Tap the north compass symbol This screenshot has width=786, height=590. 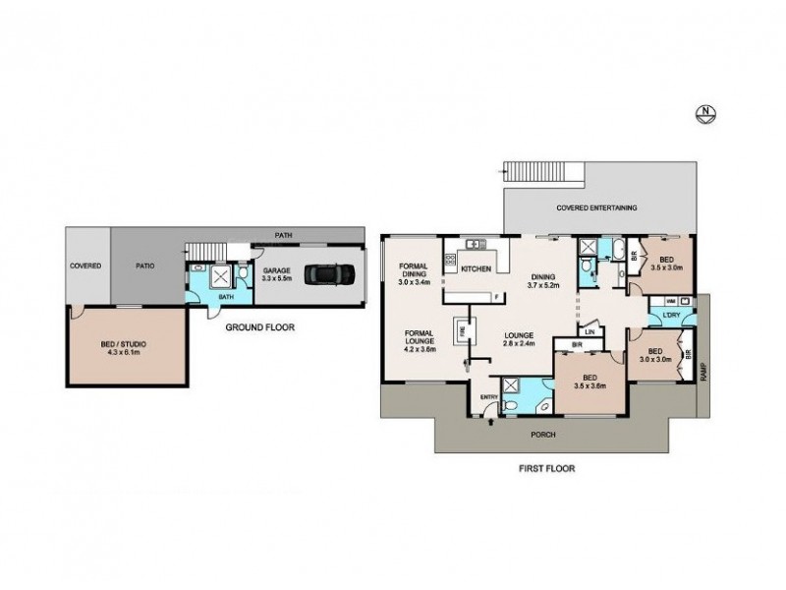pos(704,112)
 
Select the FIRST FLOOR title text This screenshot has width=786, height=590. pos(547,469)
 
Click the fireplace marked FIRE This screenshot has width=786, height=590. pos(459,331)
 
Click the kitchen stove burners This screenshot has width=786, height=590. pos(451,261)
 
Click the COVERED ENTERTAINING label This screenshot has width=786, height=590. pos(596,207)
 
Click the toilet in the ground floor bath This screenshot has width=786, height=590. pos(197,267)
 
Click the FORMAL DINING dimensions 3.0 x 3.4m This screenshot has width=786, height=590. pos(413,282)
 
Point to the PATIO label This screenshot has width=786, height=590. pos(145,265)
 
